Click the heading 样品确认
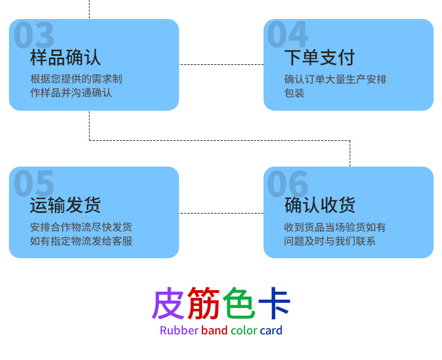point(65,58)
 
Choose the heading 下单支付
point(319,58)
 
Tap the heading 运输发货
point(65,205)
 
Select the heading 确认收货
point(319,205)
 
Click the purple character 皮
point(168,304)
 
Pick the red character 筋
point(204,304)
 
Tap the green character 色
point(239,304)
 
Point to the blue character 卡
point(274,304)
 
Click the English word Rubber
point(179,330)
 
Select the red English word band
point(214,330)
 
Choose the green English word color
point(243,330)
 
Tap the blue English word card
point(271,330)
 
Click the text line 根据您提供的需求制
point(76,79)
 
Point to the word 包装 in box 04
point(294,93)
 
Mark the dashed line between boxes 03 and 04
point(221,64)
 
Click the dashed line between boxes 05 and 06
point(221,213)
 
